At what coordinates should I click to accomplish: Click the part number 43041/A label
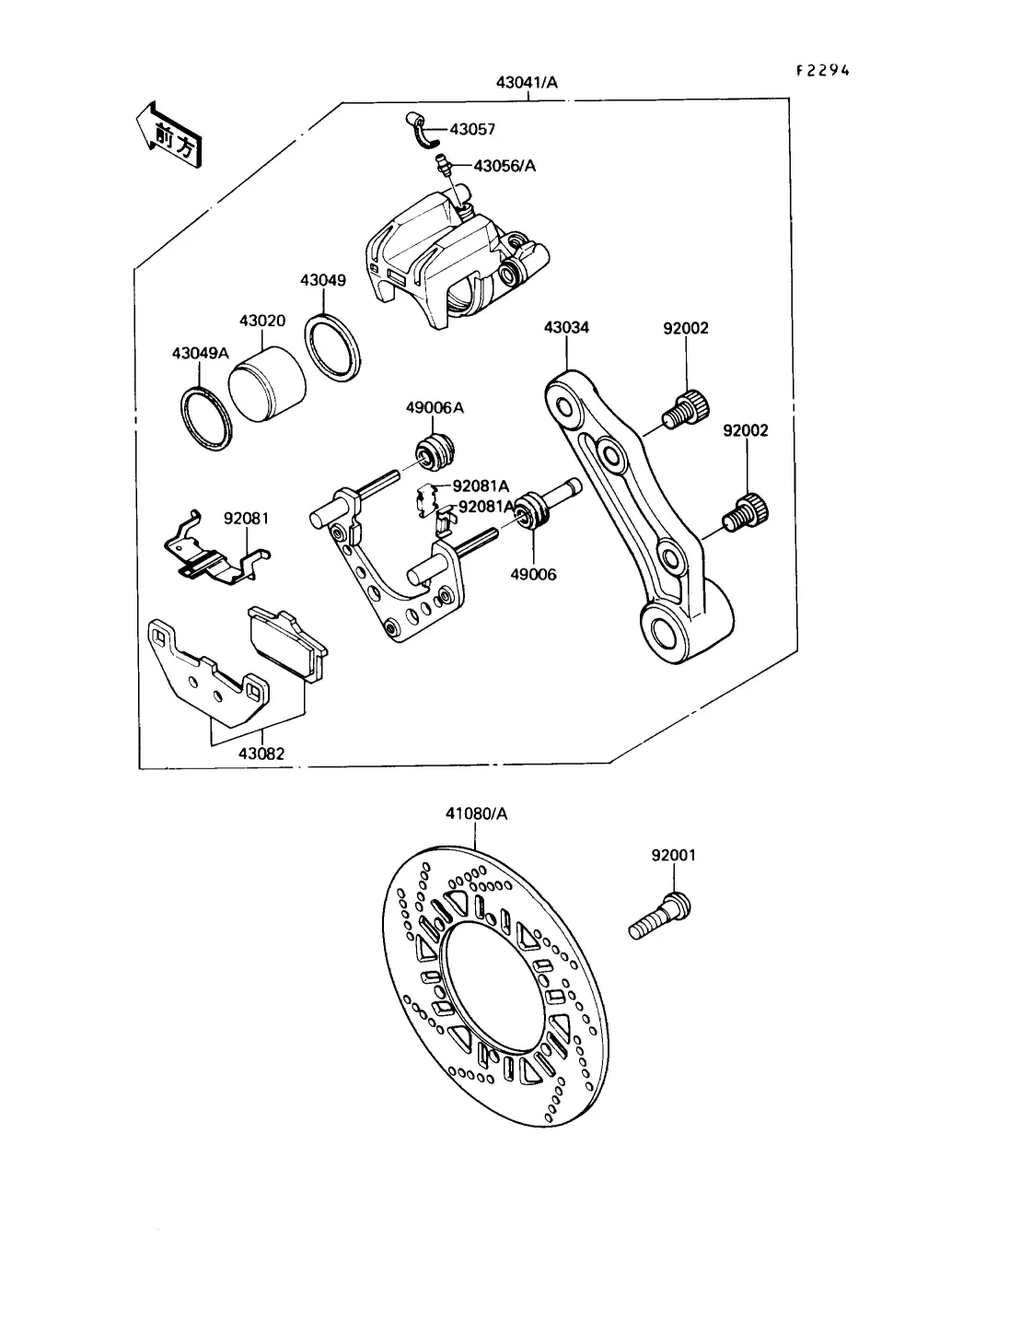coord(527,83)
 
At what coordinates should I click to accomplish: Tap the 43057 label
coord(472,130)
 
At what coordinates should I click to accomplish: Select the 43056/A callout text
coord(504,166)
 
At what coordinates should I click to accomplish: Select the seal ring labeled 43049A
coord(205,419)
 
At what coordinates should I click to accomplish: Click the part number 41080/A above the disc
coord(476,813)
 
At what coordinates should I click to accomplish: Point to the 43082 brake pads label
coord(261,753)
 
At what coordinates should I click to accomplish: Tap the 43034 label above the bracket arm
coord(566,327)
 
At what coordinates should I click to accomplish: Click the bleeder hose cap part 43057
coord(423,129)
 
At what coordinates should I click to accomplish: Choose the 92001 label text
coord(674,855)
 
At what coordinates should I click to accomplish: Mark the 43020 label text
coord(262,321)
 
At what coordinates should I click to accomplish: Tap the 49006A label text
coord(435,408)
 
